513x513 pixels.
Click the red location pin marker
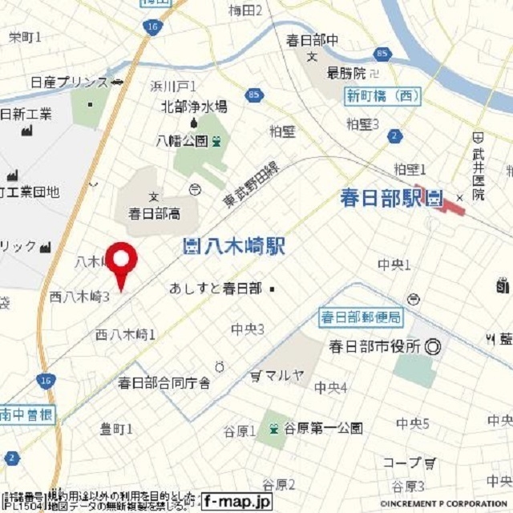122,261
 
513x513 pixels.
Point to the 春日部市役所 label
375,347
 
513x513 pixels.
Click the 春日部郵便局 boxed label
360,317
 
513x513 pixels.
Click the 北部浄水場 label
194,106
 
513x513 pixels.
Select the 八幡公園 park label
182,141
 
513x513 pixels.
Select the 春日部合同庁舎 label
164,383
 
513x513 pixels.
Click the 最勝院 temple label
345,73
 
